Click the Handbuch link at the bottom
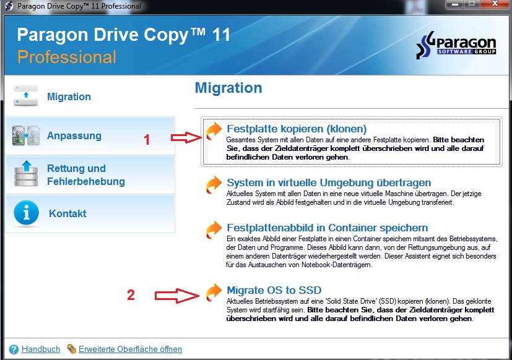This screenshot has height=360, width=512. click(41, 349)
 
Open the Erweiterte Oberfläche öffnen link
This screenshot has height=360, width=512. click(130, 349)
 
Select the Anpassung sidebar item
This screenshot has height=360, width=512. click(74, 135)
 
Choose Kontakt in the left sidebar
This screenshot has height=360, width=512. click(67, 213)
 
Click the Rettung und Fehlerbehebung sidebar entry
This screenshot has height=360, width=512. click(86, 175)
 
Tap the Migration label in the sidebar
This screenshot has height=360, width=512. click(69, 96)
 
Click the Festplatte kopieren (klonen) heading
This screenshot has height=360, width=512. click(297, 129)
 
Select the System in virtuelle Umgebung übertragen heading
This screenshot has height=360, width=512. click(329, 182)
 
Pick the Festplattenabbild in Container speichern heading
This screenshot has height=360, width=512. click(327, 228)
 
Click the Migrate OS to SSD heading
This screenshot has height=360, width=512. click(274, 290)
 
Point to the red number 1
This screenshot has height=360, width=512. click(147, 140)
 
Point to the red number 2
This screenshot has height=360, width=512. click(131, 295)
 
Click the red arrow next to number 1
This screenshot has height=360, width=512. click(186, 137)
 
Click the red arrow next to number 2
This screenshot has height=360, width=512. click(177, 296)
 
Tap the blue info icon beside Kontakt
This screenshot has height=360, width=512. click(26, 213)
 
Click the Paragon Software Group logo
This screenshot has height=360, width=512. click(456, 45)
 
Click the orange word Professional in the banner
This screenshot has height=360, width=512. click(67, 57)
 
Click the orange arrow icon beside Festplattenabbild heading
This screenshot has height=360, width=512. click(214, 230)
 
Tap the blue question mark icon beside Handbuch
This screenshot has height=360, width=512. click(14, 349)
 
